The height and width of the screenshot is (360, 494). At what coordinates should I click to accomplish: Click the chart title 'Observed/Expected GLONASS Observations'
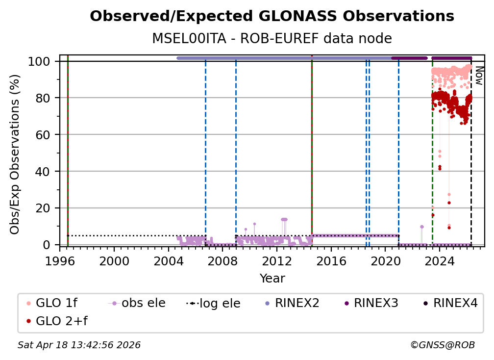click(272, 16)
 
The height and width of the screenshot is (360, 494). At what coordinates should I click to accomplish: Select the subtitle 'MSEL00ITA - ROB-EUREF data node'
click(272, 39)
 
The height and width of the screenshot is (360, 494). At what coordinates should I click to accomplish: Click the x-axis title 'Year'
click(272, 279)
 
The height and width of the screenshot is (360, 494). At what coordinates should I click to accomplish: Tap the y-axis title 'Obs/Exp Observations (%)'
click(15, 154)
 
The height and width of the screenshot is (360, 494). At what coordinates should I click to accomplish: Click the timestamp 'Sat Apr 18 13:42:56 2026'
click(79, 345)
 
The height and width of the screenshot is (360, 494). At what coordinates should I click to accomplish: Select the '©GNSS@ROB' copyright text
click(442, 345)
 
